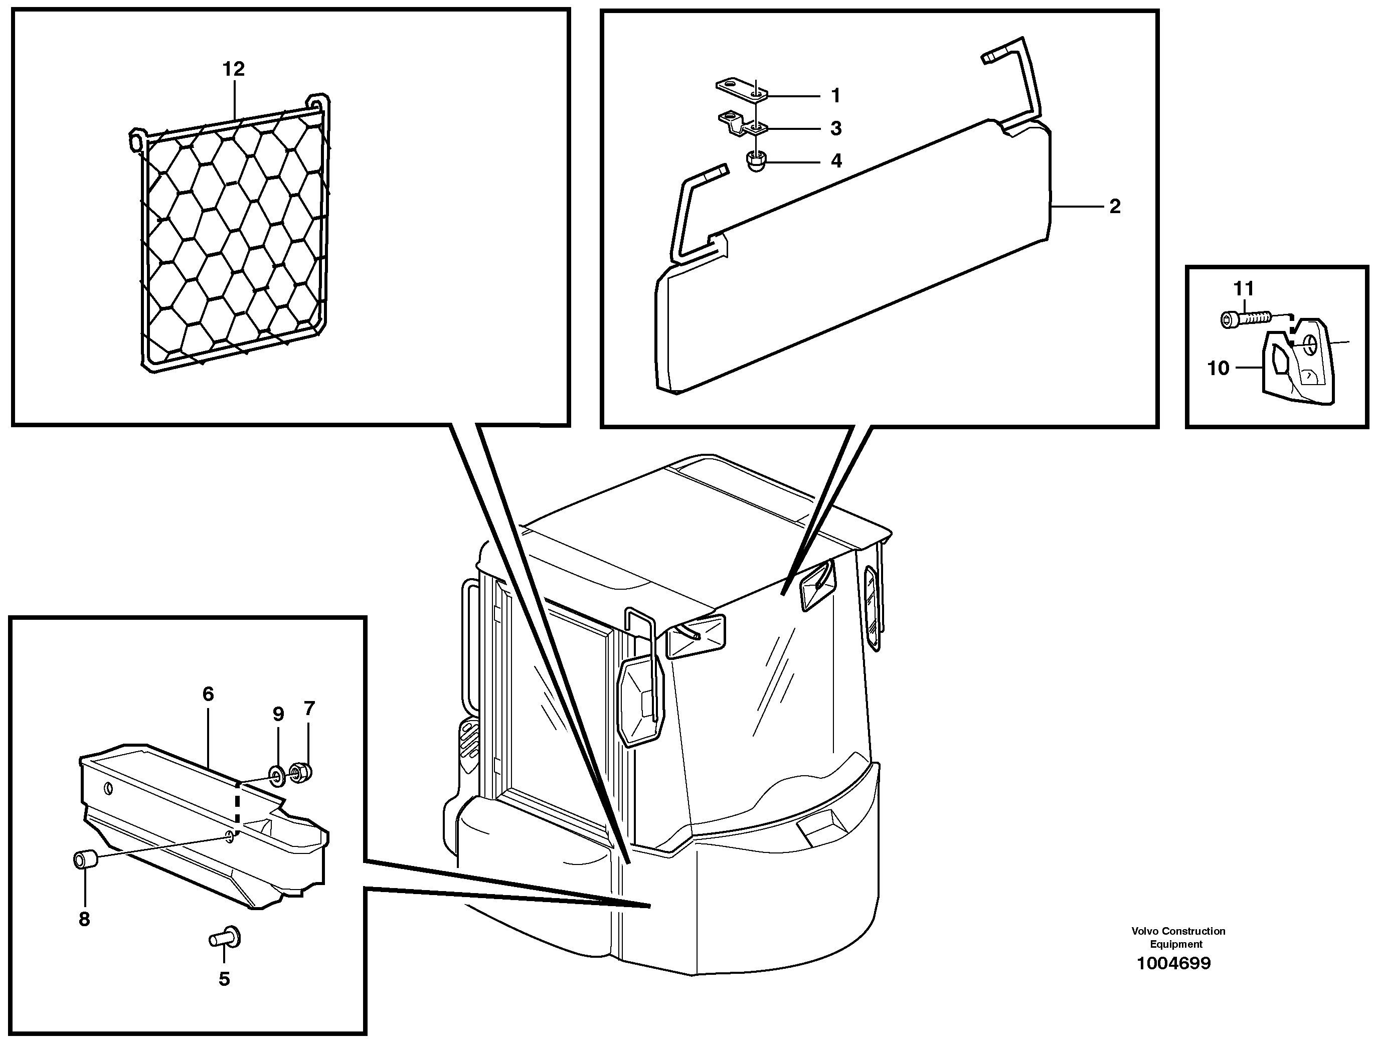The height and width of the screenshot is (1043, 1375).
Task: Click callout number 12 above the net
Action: tap(234, 69)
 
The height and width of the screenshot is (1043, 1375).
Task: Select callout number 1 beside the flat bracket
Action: tap(836, 96)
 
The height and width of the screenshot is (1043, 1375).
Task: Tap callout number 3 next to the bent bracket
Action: tap(836, 129)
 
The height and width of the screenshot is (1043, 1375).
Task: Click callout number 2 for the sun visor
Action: tap(1115, 207)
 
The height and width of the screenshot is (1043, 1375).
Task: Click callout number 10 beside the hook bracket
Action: tap(1218, 368)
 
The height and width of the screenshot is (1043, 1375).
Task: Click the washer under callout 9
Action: tap(276, 773)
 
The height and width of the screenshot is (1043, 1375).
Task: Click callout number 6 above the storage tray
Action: tap(208, 694)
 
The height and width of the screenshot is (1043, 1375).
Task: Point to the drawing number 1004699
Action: tap(1173, 964)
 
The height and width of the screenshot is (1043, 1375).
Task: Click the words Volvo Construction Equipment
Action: tap(1178, 937)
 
